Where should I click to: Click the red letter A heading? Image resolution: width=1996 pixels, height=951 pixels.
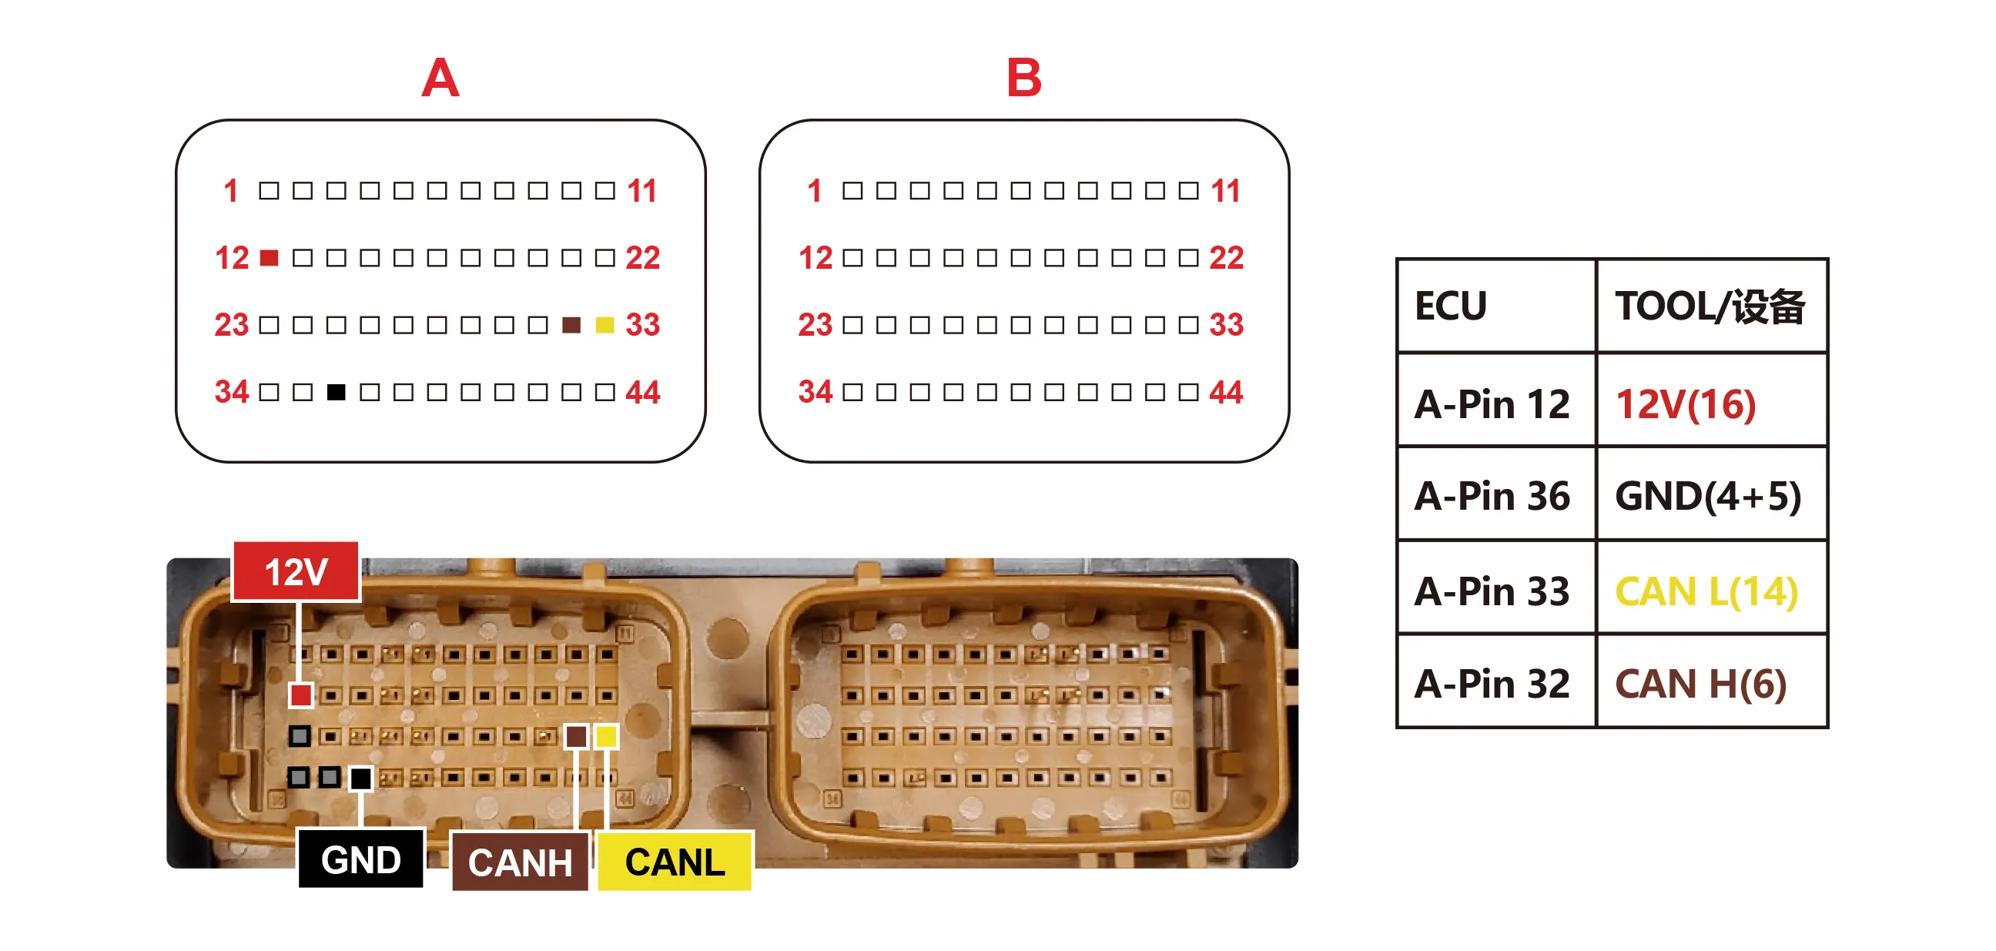pos(440,78)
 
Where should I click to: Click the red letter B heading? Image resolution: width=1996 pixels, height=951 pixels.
pos(1023,78)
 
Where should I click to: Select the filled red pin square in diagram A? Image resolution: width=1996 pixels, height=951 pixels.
pos(269,257)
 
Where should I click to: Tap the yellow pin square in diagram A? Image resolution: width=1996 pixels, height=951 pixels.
pos(605,325)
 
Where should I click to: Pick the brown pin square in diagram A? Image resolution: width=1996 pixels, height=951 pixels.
pos(571,325)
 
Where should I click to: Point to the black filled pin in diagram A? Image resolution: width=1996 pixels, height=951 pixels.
pos(337,392)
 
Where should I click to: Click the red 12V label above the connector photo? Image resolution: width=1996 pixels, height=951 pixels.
pos(296,571)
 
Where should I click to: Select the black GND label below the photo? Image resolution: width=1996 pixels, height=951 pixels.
pos(361,859)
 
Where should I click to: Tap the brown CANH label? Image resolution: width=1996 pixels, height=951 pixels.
pos(520,862)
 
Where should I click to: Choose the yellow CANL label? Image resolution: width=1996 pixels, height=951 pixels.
pos(675,862)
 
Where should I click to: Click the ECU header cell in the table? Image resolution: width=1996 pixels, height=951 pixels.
pos(1496,306)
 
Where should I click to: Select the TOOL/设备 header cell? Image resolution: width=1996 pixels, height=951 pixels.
pos(1712,306)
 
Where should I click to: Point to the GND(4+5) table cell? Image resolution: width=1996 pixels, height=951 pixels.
pos(1712,494)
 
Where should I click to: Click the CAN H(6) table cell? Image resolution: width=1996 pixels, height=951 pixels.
pos(1712,681)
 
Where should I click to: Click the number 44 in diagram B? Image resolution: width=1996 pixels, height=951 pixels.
pos(1226,392)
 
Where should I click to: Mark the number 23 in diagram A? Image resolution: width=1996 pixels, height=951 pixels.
pos(231,325)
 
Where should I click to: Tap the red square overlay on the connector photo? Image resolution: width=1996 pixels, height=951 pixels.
pos(300,695)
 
